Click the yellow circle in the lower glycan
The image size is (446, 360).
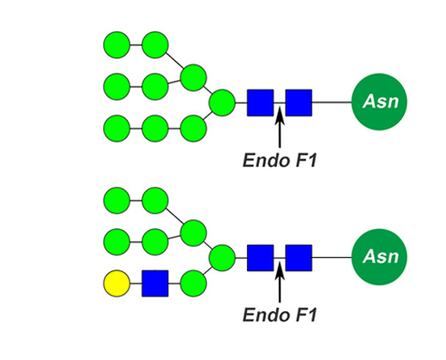(117, 284)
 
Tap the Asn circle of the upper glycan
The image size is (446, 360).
(379, 102)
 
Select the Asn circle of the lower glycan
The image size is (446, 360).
(379, 257)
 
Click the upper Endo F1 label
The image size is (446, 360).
(280, 160)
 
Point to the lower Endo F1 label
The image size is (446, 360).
(280, 315)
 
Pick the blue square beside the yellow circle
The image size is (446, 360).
(155, 284)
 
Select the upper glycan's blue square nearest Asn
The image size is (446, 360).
(298, 103)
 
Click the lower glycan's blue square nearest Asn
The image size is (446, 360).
(298, 258)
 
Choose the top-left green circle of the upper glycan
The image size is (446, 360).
(117, 45)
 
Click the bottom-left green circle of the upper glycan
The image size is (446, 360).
(117, 129)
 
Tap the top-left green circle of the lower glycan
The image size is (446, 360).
(117, 201)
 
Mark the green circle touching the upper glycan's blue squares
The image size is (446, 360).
(222, 103)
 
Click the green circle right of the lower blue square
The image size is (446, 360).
(193, 284)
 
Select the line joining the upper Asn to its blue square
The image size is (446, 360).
(332, 102)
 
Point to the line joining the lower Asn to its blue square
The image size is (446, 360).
(332, 257)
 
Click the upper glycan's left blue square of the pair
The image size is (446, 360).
(261, 103)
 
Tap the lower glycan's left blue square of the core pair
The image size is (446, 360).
(261, 258)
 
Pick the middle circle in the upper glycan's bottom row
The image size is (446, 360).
(155, 129)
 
